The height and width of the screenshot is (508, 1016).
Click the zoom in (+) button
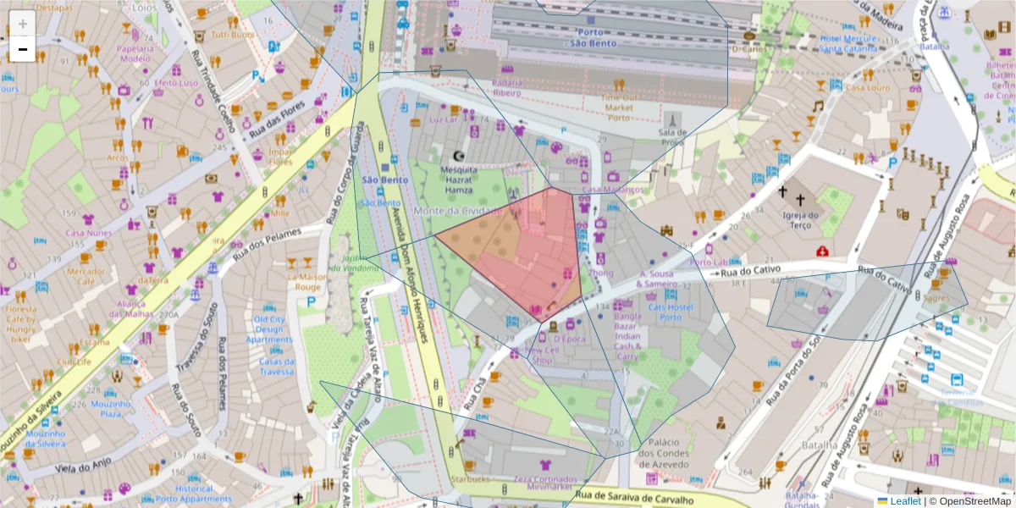coord(23,24)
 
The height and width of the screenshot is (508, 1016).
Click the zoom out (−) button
coord(23,50)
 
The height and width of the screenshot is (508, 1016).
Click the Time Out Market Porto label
coord(618,108)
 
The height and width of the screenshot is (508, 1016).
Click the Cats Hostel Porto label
coord(671,312)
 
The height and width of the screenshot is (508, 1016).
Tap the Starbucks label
coord(469,479)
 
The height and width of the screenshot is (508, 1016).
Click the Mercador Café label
coord(86,277)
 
